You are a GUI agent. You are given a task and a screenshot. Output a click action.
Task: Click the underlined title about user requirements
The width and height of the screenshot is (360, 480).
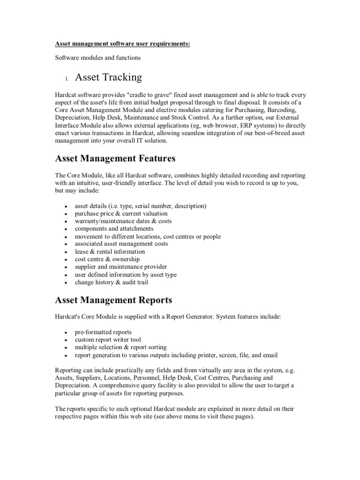point(123,44)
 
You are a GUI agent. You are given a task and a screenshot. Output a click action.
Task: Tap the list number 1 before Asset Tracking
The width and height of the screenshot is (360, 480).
point(67,78)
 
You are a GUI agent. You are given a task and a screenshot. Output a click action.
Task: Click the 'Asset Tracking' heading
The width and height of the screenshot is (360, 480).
point(108,76)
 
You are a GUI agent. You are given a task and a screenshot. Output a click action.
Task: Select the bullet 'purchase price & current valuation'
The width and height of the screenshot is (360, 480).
point(121,214)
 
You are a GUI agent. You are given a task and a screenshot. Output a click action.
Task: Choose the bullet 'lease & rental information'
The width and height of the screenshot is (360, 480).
point(110,252)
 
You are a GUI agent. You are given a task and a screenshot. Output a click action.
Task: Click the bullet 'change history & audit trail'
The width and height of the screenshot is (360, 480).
point(112,282)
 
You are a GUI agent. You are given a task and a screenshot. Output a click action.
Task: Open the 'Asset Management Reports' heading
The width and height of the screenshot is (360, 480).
point(113,300)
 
